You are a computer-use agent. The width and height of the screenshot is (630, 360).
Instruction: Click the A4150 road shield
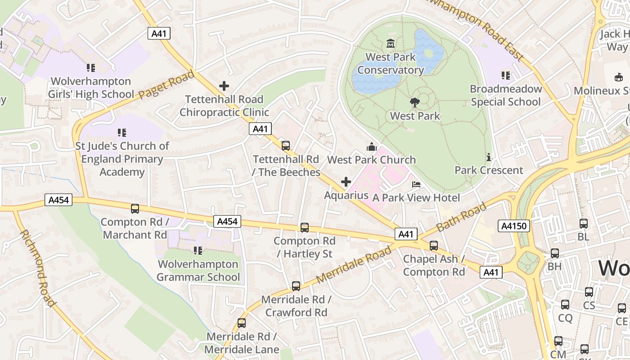pyautogui.click(x=513, y=226)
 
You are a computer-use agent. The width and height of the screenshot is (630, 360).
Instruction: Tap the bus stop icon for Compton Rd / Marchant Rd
pyautogui.click(x=135, y=209)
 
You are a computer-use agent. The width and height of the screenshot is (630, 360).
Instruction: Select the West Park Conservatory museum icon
pyautogui.click(x=390, y=44)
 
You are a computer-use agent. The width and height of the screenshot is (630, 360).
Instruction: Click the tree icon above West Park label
pyautogui.click(x=414, y=103)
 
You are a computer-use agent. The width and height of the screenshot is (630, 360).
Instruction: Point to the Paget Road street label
pyautogui.click(x=166, y=85)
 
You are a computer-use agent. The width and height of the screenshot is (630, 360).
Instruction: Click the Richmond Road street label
pyautogui.click(x=38, y=268)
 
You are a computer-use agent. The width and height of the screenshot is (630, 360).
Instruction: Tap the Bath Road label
pyautogui.click(x=461, y=217)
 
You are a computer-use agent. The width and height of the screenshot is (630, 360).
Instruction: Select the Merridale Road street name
pyautogui.click(x=354, y=264)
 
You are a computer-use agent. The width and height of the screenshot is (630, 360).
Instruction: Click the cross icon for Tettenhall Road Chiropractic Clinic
pyautogui.click(x=224, y=85)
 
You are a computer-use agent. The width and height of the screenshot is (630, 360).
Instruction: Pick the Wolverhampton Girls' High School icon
pyautogui.click(x=91, y=68)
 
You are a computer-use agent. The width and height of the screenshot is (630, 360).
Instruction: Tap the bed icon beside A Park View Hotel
pyautogui.click(x=416, y=184)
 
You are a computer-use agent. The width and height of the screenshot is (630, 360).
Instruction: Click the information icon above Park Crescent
pyautogui.click(x=488, y=157)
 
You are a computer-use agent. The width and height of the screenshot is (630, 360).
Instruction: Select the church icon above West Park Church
pyautogui.click(x=371, y=147)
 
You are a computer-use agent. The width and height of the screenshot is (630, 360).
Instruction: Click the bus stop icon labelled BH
pyautogui.click(x=555, y=253)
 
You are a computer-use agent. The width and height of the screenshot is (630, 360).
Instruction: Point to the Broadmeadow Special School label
pyautogui.click(x=505, y=95)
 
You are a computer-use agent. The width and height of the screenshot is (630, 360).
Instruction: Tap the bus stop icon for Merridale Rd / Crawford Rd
pyautogui.click(x=296, y=286)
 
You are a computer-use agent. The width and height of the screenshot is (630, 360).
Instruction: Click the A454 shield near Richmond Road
pyautogui.click(x=58, y=200)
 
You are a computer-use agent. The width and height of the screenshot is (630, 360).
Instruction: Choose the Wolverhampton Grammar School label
pyautogui.click(x=198, y=270)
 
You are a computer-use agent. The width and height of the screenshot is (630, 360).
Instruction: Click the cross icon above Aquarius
pyautogui.click(x=346, y=182)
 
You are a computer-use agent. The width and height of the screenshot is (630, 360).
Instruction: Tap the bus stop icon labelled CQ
pyautogui.click(x=565, y=305)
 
